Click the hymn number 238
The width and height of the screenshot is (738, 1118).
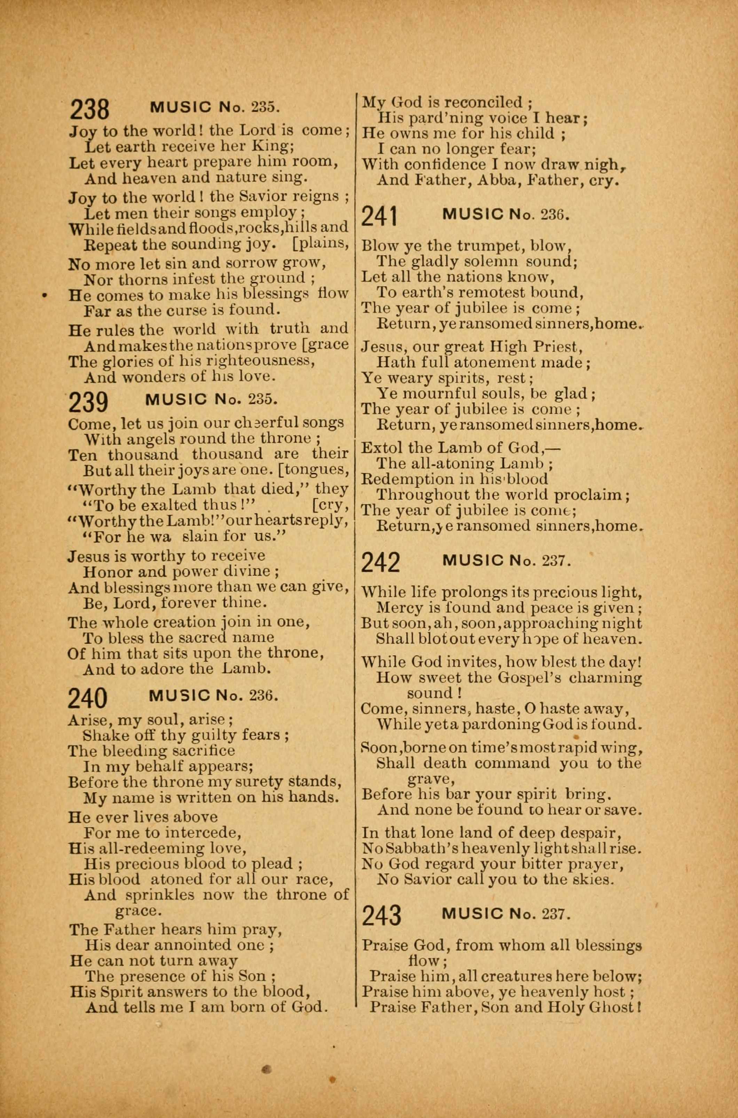coord(89,110)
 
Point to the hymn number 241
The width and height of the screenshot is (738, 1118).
coord(380,217)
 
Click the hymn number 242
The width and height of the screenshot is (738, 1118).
coord(381,563)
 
